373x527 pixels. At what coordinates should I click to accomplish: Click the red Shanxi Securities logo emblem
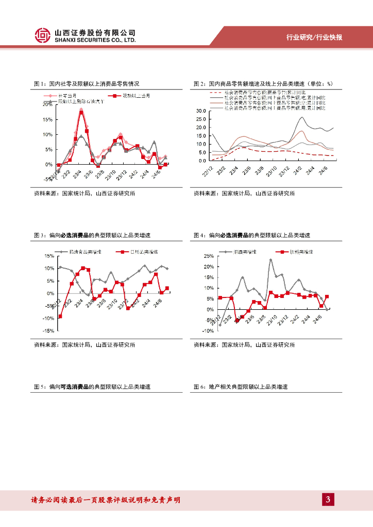[x=43, y=35]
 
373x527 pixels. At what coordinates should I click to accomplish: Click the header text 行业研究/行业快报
[x=314, y=38]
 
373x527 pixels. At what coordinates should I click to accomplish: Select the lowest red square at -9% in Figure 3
[x=60, y=316]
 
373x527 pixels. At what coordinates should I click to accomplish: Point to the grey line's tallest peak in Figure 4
[x=271, y=260]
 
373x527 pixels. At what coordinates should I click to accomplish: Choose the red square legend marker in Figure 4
[x=282, y=252]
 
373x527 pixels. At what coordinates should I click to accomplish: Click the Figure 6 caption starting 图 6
[x=240, y=387]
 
